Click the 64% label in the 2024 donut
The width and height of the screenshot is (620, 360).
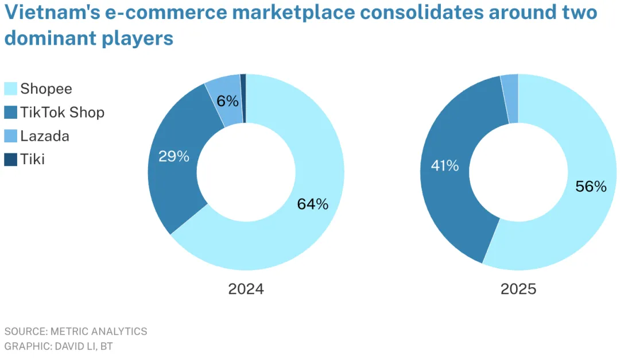pyautogui.click(x=313, y=204)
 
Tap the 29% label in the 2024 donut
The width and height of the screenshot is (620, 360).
pyautogui.click(x=174, y=156)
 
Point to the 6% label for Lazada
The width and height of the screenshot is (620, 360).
pyautogui.click(x=228, y=101)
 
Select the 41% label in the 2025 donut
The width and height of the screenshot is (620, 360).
pyautogui.click(x=445, y=166)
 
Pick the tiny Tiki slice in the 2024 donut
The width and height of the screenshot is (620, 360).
pyautogui.click(x=243, y=98)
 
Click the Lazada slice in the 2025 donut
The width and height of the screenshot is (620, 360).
pyautogui.click(x=510, y=98)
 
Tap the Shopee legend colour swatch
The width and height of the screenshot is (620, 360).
pyautogui.click(x=11, y=89)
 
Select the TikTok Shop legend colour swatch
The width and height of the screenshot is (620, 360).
pyautogui.click(x=11, y=113)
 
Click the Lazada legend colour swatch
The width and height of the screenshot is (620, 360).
pyautogui.click(x=11, y=136)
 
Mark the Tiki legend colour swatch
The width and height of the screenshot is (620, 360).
pyautogui.click(x=11, y=160)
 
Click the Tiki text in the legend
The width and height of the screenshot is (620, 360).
pyautogui.click(x=32, y=160)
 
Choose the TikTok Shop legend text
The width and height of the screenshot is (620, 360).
pyautogui.click(x=63, y=113)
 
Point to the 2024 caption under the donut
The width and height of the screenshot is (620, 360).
pyautogui.click(x=246, y=289)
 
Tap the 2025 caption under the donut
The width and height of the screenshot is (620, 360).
pyautogui.click(x=518, y=289)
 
